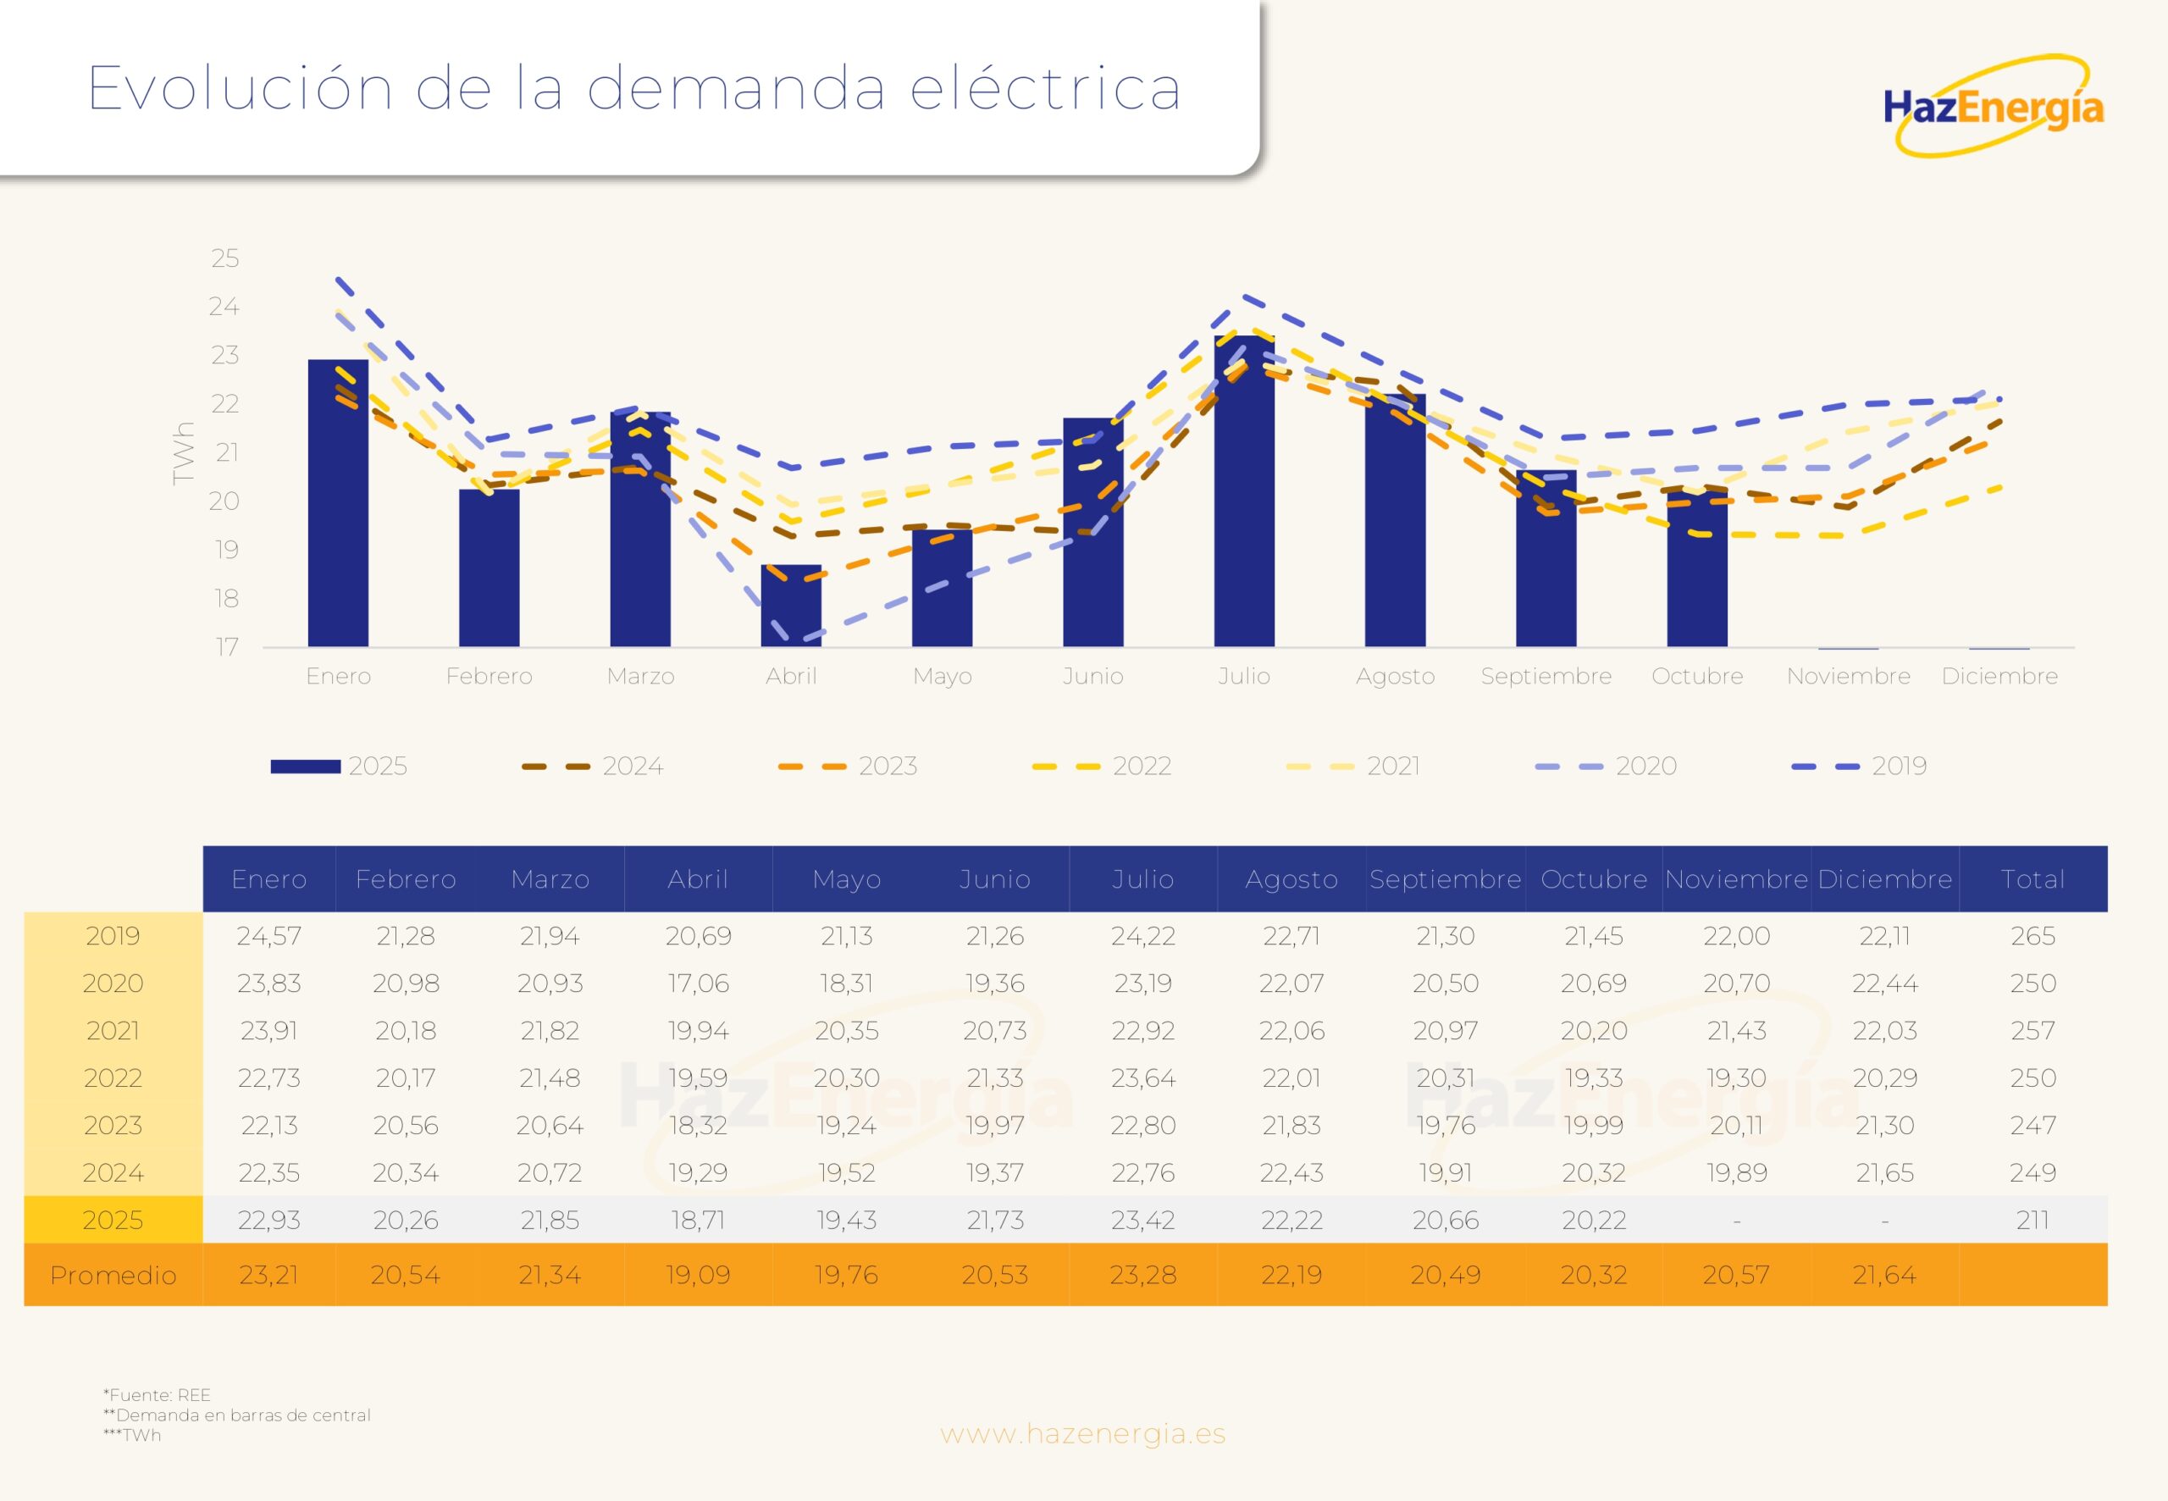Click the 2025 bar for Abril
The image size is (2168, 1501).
coord(791,606)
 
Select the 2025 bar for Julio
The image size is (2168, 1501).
coord(1244,491)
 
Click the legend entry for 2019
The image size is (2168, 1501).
coord(1859,767)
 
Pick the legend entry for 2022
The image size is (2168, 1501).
coord(1101,767)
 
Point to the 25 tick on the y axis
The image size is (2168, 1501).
coord(225,258)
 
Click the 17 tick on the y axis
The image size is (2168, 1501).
coord(227,647)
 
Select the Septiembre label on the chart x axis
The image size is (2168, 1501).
coord(1546,676)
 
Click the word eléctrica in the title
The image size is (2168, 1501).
coord(1044,89)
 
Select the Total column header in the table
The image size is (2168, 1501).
coord(2032,879)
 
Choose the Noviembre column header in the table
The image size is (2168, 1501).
coord(1735,879)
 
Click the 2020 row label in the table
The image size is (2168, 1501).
coord(113,983)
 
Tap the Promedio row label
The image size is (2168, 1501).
coord(113,1276)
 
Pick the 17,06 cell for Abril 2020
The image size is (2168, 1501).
coord(698,983)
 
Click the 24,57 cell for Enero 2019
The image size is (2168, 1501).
coord(269,937)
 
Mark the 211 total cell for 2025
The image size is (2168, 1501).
coord(2032,1221)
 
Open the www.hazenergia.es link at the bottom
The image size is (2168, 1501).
coord(1083,1434)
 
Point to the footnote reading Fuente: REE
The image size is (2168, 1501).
coord(158,1395)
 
